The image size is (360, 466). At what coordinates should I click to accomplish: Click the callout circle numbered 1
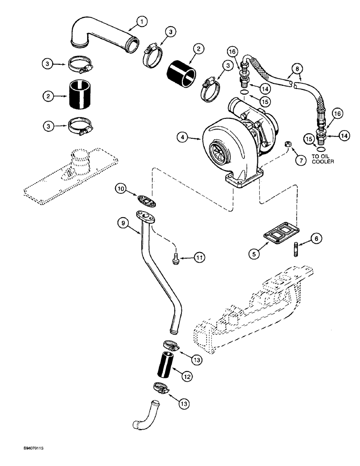[x=142, y=21]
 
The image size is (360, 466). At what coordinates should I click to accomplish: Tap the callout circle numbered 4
[x=183, y=137]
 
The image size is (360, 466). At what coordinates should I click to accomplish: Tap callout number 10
[x=121, y=188]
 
